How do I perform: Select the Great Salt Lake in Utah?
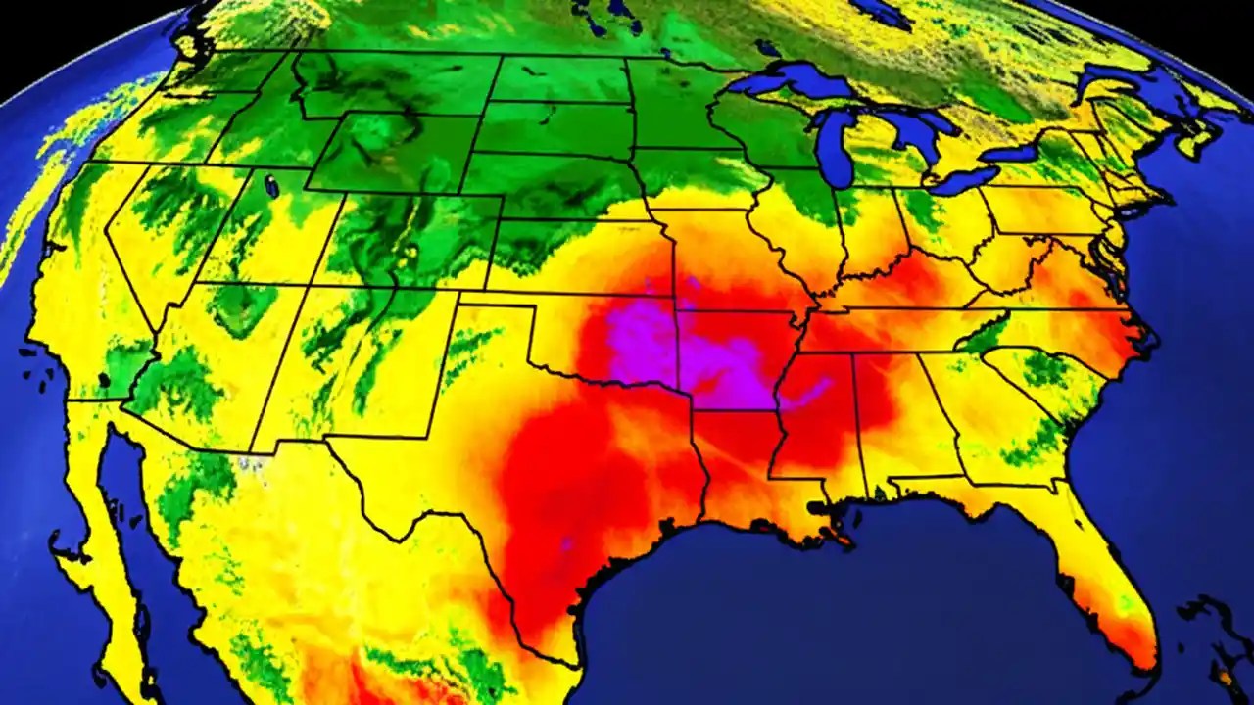click(x=266, y=182)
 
